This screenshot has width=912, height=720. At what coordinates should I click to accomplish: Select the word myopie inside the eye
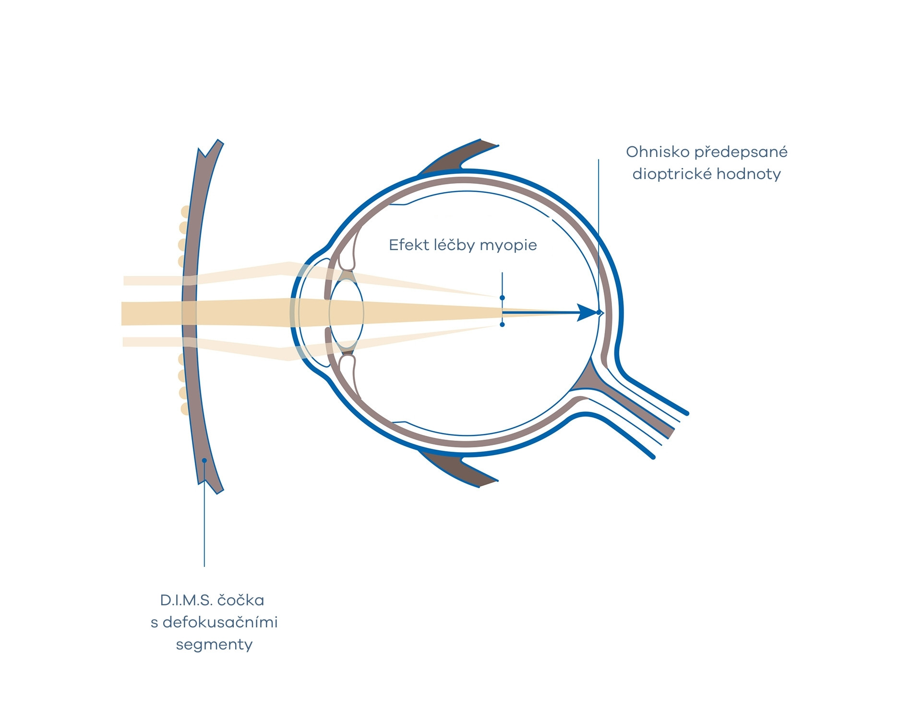click(x=508, y=246)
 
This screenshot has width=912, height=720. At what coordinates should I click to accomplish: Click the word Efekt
click(x=409, y=245)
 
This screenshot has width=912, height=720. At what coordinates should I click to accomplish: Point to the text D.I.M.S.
click(x=186, y=600)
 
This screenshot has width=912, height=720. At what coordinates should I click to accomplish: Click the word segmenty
click(x=214, y=645)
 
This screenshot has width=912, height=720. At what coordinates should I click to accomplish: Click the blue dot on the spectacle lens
click(x=204, y=460)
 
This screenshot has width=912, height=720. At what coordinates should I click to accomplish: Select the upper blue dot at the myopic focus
click(x=502, y=298)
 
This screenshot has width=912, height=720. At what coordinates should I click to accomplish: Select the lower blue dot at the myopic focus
click(x=502, y=325)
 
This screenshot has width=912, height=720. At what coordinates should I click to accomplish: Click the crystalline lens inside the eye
click(x=346, y=313)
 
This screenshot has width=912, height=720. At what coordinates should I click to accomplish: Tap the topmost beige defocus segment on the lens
click(x=185, y=212)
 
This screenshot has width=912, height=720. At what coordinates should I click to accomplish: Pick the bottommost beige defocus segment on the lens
click(x=185, y=408)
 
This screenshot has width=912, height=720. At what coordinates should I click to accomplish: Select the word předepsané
click(x=741, y=153)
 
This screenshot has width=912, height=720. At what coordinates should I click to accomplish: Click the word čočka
click(x=240, y=600)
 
